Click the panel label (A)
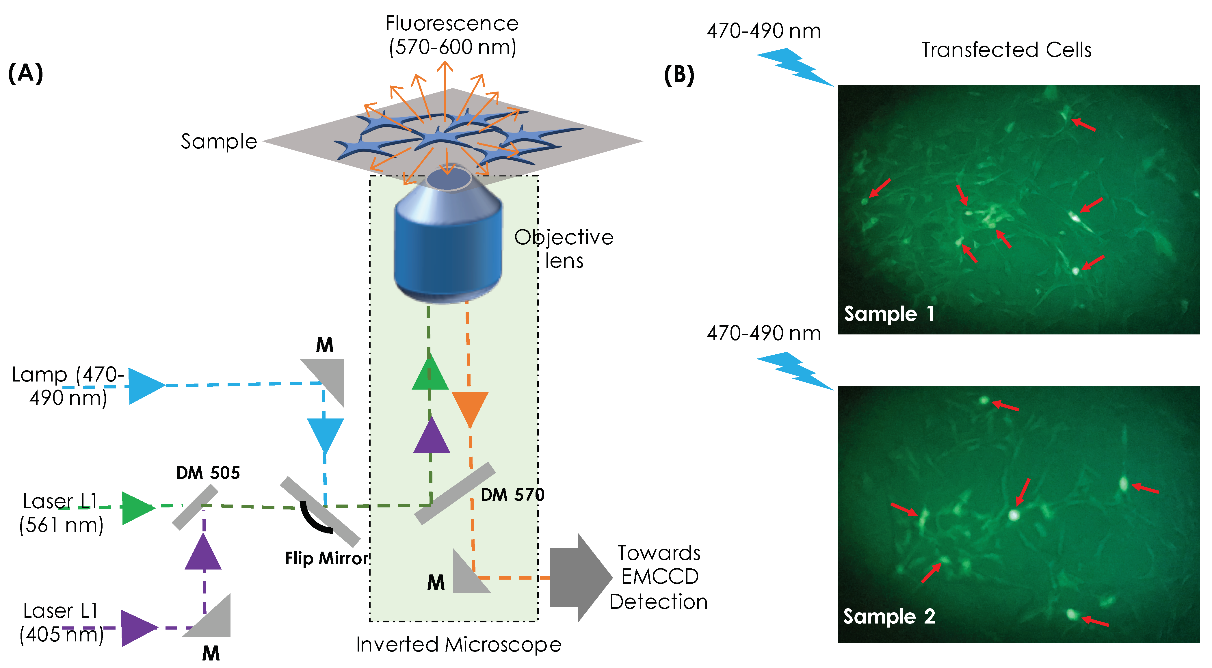pos(26,74)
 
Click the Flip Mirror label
pos(326,558)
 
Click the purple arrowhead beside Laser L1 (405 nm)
pos(137,628)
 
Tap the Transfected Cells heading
pos(1006,50)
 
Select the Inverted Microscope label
pos(458,645)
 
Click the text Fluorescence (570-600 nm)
pos(452,35)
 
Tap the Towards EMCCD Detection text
pos(659,577)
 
